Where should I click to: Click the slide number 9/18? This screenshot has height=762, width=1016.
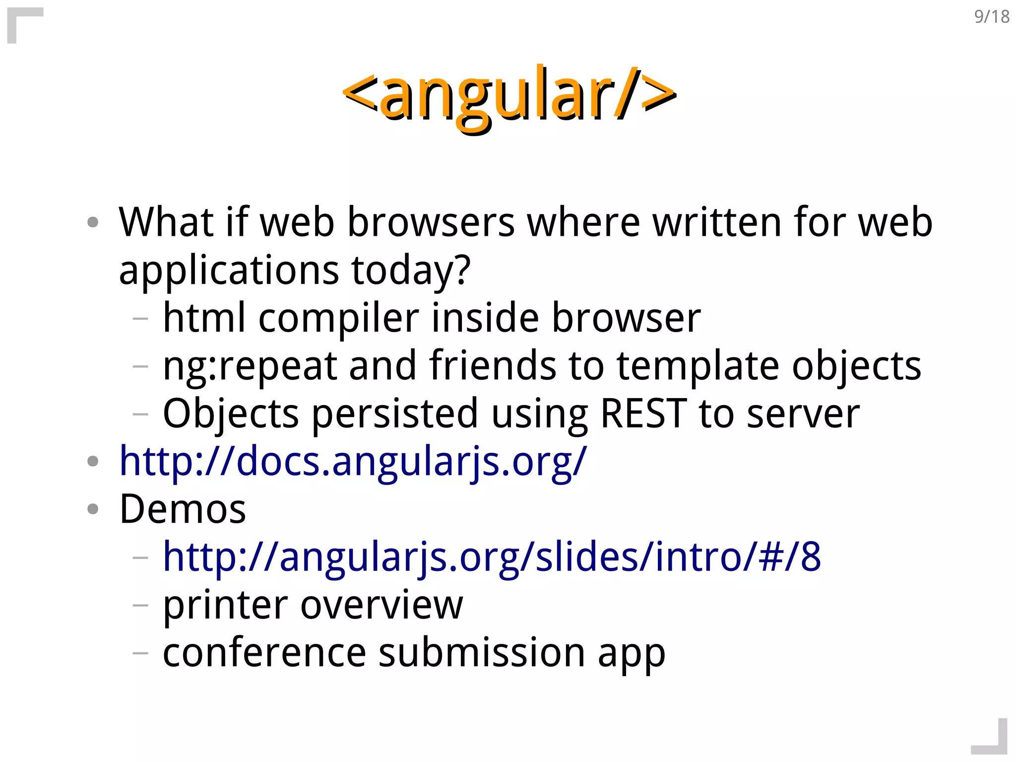(991, 17)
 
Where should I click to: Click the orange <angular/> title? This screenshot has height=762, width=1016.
(509, 94)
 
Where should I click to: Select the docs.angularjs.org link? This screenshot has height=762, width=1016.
(353, 461)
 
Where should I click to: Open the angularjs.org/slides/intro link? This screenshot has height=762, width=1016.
(492, 556)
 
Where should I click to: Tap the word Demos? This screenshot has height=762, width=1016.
(183, 509)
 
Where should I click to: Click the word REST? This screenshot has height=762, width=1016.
(643, 414)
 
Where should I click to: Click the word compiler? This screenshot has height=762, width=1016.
(338, 318)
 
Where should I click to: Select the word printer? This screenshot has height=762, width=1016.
(225, 605)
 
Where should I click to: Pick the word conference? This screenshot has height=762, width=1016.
(264, 652)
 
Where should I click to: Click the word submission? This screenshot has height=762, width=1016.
(482, 652)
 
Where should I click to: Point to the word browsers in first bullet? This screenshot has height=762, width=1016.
(431, 222)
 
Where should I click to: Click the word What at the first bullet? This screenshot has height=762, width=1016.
(166, 222)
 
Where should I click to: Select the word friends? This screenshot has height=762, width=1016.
(493, 366)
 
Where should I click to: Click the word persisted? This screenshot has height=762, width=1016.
(394, 414)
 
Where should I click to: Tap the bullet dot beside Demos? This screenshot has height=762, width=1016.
(93, 509)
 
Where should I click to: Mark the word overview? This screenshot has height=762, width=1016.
(381, 605)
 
